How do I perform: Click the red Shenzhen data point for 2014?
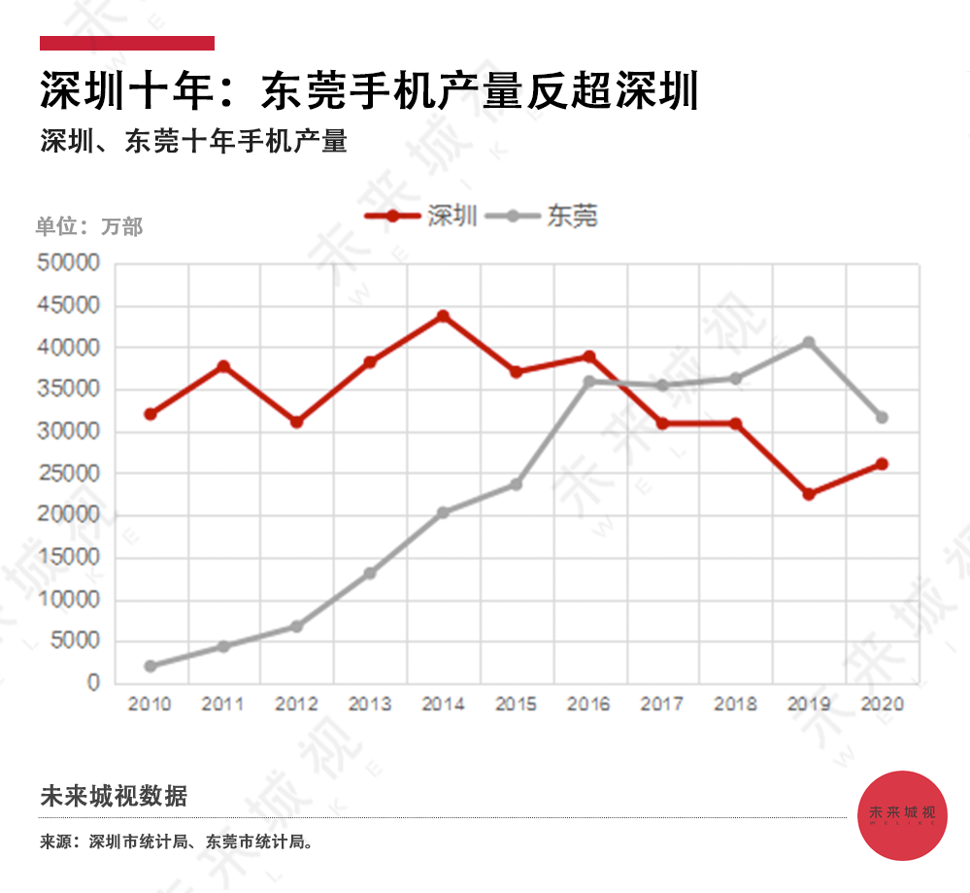tap(443, 316)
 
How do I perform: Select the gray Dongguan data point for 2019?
tap(809, 342)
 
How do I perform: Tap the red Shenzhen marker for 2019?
tap(809, 494)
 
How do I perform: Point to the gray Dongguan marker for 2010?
tap(151, 666)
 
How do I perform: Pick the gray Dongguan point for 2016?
tap(589, 382)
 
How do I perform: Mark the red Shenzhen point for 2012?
tap(297, 422)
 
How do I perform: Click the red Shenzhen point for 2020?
tap(882, 464)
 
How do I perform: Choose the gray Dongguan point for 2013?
tap(370, 573)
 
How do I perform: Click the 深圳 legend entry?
tap(421, 216)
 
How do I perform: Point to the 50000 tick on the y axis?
tap(68, 263)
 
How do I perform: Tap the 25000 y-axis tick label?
tap(68, 473)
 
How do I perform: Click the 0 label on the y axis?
tap(93, 683)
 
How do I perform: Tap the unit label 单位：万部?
tap(89, 226)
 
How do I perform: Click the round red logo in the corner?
tap(903, 814)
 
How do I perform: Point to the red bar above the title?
tap(126, 43)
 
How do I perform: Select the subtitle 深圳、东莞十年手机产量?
tap(194, 142)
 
